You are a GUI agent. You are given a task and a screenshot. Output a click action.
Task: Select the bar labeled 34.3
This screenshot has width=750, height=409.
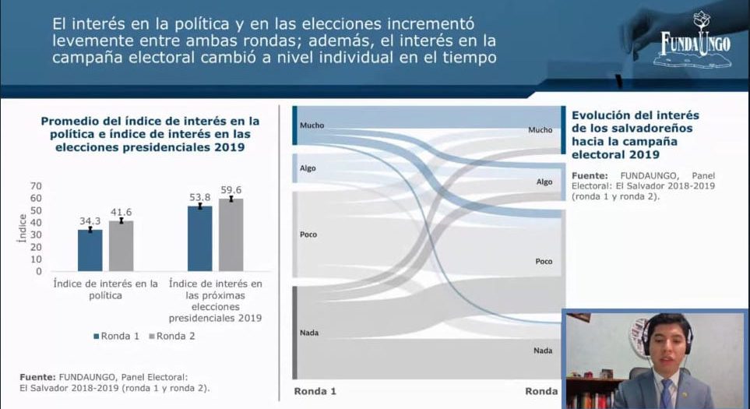[90, 250]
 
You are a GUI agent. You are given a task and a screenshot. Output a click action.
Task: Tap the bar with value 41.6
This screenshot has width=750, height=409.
[121, 245]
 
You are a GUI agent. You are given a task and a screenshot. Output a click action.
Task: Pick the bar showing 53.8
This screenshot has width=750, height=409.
[200, 238]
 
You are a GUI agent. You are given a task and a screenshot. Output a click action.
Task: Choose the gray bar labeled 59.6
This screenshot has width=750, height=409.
[231, 234]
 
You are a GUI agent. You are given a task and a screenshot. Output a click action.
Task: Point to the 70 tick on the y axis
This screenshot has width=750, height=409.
[35, 186]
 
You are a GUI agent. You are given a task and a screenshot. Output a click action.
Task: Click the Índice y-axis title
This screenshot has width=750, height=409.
[22, 227]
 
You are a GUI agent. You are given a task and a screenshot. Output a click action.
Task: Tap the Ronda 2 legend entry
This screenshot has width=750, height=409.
[175, 336]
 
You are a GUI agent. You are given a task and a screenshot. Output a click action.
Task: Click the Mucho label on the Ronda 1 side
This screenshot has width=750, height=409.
[312, 125]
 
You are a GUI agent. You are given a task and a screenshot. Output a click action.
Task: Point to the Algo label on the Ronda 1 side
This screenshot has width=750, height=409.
[308, 168]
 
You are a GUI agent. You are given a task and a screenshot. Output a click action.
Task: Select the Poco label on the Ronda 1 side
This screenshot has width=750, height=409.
[308, 234]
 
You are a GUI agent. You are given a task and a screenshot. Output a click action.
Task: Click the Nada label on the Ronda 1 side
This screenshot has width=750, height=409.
[309, 333]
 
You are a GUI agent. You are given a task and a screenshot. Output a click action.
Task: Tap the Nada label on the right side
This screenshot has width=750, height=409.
[543, 351]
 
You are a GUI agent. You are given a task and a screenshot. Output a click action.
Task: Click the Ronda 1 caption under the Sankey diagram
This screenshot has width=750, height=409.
[315, 391]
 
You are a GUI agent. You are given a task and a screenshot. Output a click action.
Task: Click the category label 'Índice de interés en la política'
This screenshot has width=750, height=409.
[105, 289]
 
